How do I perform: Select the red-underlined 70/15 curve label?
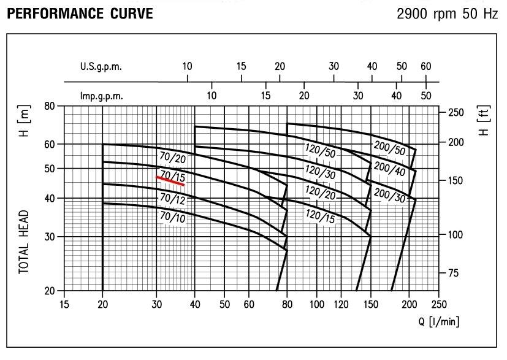click(x=171, y=176)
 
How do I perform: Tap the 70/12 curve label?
click(x=172, y=198)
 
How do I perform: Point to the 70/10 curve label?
click(x=172, y=216)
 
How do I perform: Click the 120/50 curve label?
click(x=320, y=150)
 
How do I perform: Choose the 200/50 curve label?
click(x=389, y=148)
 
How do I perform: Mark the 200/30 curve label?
click(x=389, y=194)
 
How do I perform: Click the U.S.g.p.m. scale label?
click(x=101, y=67)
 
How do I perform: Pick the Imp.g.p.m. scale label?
click(x=102, y=96)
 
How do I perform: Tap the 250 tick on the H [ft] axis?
click(x=457, y=112)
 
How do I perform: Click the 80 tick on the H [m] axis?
click(x=51, y=105)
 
